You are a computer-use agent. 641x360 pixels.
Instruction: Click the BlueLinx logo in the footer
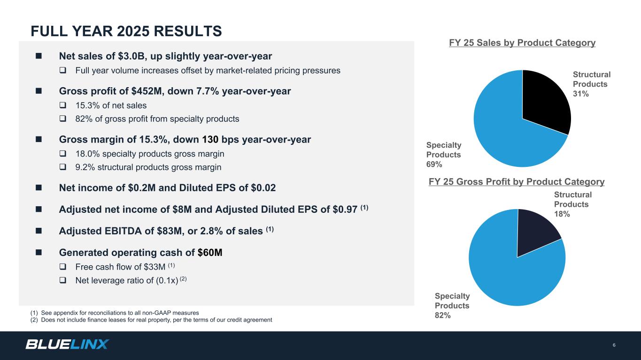[x=67, y=345]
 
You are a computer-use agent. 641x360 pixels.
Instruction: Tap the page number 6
[x=614, y=345]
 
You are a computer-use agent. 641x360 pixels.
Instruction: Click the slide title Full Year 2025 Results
[x=126, y=31]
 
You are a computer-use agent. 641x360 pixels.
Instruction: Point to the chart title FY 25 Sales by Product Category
[x=522, y=43]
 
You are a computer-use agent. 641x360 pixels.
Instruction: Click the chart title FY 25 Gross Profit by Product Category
[x=517, y=182]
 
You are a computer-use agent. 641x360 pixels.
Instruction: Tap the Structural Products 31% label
[x=591, y=84]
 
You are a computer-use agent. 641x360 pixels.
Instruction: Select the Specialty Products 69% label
[x=443, y=155]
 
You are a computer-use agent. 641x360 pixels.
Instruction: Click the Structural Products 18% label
[x=572, y=204]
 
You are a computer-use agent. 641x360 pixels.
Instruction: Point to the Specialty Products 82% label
[x=452, y=306]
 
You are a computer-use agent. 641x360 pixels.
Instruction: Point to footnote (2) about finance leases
[x=150, y=320]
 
